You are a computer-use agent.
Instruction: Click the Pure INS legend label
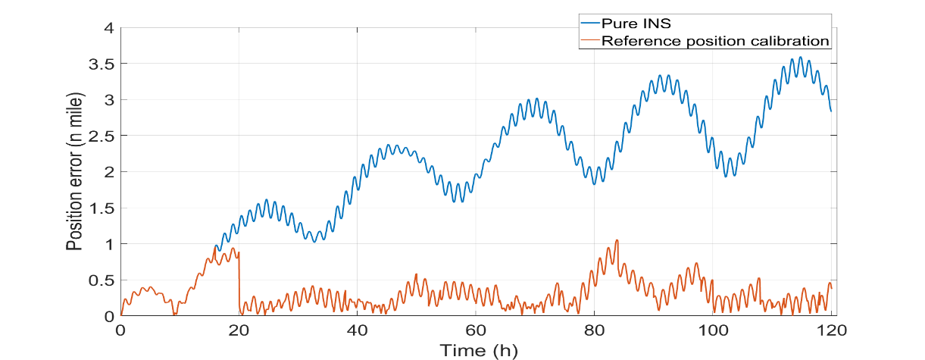click(636, 23)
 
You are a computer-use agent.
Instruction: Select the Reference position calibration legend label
click(715, 40)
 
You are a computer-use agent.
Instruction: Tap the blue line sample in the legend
click(588, 23)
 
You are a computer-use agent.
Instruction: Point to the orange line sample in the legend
click(588, 40)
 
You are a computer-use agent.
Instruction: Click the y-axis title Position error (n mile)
click(74, 172)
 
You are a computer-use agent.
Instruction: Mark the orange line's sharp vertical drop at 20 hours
click(239, 280)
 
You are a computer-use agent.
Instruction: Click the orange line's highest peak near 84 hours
click(617, 240)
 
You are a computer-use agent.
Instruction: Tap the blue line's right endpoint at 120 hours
click(831, 111)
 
